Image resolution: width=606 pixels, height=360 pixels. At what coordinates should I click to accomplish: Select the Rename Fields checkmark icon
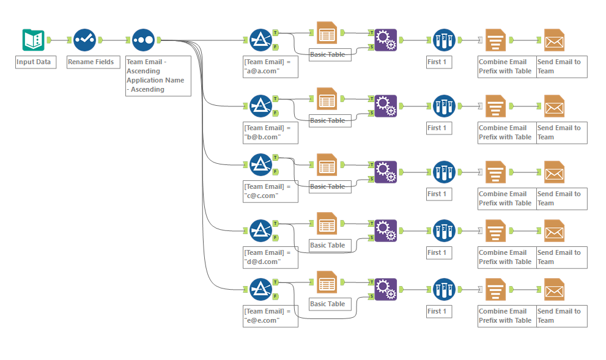coord(84,40)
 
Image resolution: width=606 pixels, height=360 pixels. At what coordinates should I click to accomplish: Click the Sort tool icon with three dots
coord(143,40)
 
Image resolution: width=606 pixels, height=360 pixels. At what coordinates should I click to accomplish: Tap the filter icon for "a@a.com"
coord(261,40)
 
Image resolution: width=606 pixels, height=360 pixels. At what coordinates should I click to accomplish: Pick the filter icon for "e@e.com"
coord(261,289)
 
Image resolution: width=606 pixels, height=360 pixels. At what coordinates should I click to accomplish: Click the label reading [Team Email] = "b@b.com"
coord(270,133)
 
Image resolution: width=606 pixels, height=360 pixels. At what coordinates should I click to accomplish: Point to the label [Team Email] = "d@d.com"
coord(270,257)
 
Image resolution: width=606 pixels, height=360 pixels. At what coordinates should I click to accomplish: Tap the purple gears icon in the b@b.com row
coord(385,106)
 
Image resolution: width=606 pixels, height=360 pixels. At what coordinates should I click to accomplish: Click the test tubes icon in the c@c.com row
coord(444,172)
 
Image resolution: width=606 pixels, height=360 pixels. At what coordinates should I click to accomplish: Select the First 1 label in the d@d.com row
coord(437,252)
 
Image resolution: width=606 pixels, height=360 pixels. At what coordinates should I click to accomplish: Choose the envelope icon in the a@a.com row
coord(554,40)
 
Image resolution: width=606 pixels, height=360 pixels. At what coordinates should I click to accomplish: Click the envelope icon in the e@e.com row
coord(554,289)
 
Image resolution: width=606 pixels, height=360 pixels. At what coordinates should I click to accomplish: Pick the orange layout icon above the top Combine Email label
coord(495,40)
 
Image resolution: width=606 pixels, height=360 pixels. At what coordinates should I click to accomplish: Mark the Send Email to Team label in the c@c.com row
coord(561,199)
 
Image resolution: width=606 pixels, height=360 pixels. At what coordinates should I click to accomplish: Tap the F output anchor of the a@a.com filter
coord(275,46)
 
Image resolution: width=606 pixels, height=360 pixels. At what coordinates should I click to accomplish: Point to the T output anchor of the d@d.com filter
coord(275,224)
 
